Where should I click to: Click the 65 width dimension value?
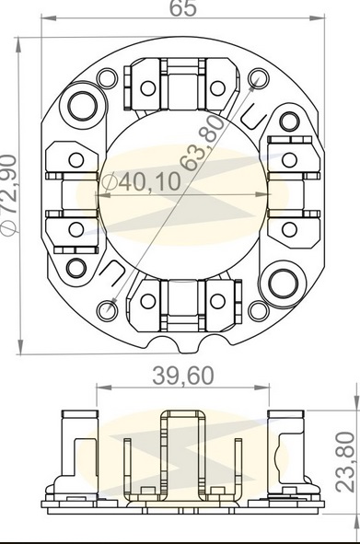click(x=183, y=8)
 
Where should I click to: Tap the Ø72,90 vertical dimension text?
click(x=8, y=195)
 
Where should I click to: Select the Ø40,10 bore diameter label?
click(x=143, y=181)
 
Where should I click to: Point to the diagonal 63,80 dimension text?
click(x=204, y=143)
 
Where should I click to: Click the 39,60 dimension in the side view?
click(x=183, y=376)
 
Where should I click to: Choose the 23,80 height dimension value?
click(x=345, y=461)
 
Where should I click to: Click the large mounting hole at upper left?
click(x=83, y=106)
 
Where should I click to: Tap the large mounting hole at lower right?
click(x=284, y=284)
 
